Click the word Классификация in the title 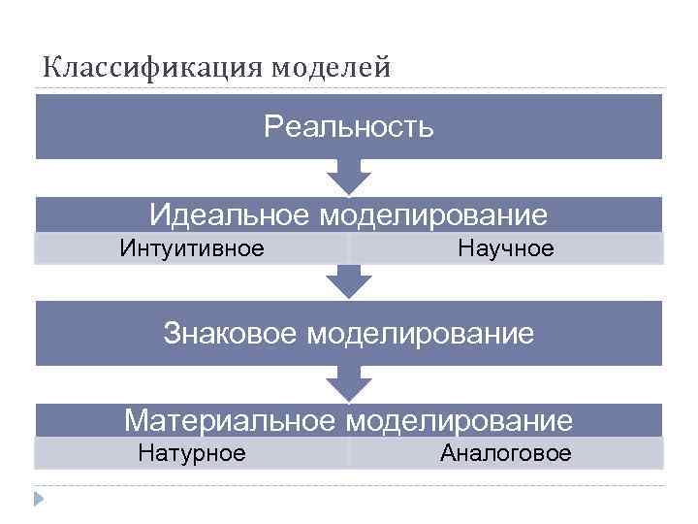click(x=153, y=68)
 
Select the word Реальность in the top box click(x=349, y=127)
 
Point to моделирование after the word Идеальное click(x=432, y=214)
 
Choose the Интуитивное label click(x=192, y=249)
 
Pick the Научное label click(x=506, y=249)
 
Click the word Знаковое click(x=232, y=334)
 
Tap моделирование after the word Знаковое click(x=421, y=334)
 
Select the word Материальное click(x=231, y=421)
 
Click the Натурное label click(x=192, y=453)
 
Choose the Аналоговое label click(x=506, y=453)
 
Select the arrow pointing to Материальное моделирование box click(x=349, y=384)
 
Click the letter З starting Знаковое click(x=172, y=334)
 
